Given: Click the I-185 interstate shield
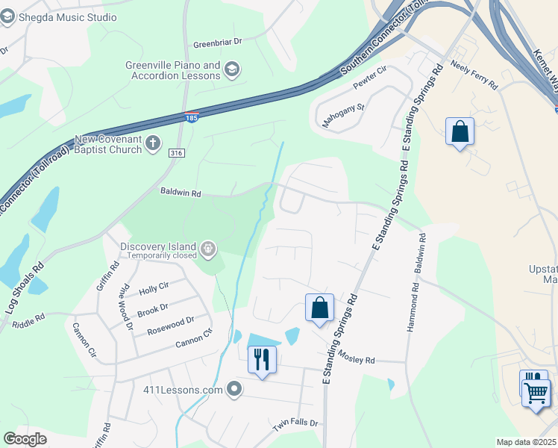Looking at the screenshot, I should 192,117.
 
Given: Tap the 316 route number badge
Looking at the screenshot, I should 176,153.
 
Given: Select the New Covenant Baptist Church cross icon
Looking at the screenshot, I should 153,143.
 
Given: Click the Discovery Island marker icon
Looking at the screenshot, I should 207,249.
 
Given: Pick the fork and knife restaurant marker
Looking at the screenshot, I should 262,359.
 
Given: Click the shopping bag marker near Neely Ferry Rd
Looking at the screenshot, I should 460,131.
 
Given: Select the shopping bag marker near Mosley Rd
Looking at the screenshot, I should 319,307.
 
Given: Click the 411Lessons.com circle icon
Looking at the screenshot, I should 235,389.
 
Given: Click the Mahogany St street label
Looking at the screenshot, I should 343,112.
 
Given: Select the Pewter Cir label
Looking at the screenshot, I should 370,78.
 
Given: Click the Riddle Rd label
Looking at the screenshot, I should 28,321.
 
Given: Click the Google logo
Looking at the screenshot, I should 25,439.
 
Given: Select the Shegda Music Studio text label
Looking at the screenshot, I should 69,17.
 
